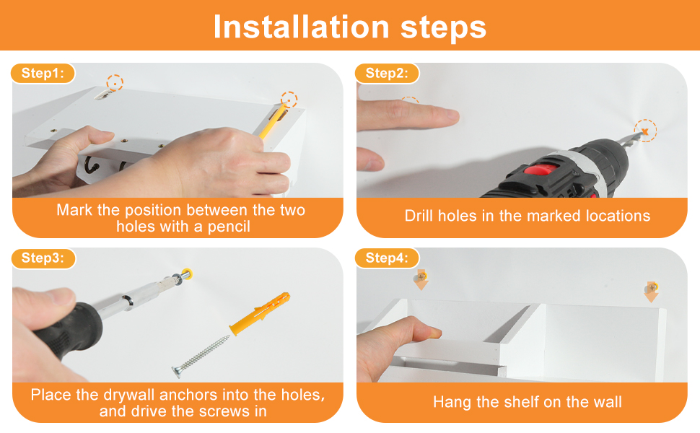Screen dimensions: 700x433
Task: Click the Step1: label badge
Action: [x=43, y=73]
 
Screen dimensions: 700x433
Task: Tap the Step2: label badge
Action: [x=387, y=73]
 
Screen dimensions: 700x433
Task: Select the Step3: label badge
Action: [x=43, y=258]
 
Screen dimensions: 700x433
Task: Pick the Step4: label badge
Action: [x=387, y=258]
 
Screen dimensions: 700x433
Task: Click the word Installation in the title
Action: [x=302, y=27]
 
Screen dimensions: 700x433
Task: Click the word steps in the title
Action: [x=443, y=27]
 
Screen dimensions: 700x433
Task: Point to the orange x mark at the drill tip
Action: [x=644, y=131]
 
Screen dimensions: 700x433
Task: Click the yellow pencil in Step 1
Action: [x=273, y=121]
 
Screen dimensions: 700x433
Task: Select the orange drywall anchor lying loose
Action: [x=260, y=313]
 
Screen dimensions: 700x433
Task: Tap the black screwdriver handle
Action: [x=69, y=330]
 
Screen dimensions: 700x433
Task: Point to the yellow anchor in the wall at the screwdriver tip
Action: [x=188, y=274]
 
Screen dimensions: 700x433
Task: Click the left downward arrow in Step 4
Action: [x=421, y=280]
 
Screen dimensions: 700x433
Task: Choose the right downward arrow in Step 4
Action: [x=652, y=292]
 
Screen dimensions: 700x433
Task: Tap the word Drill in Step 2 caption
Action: [x=419, y=216]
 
